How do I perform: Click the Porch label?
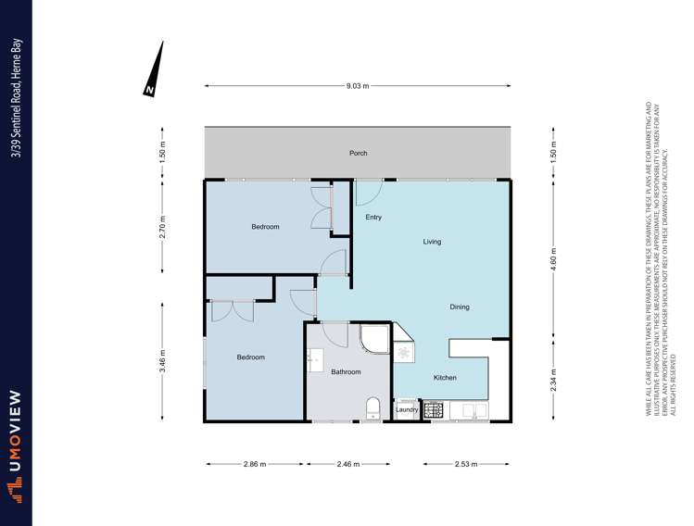click(x=358, y=154)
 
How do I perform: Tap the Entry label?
click(x=373, y=218)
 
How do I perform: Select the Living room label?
click(x=432, y=242)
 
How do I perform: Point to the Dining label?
click(x=460, y=307)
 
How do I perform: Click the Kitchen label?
click(x=445, y=378)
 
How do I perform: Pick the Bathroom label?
click(x=346, y=372)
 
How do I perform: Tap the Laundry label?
click(x=407, y=408)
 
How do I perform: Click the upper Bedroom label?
click(x=265, y=227)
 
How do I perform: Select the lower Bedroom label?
click(x=250, y=357)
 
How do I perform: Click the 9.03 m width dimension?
click(x=358, y=86)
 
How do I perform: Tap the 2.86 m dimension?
click(x=255, y=464)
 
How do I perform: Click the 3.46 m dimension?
click(x=163, y=357)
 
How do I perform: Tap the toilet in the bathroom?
click(x=372, y=407)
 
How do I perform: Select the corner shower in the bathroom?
click(x=377, y=340)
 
